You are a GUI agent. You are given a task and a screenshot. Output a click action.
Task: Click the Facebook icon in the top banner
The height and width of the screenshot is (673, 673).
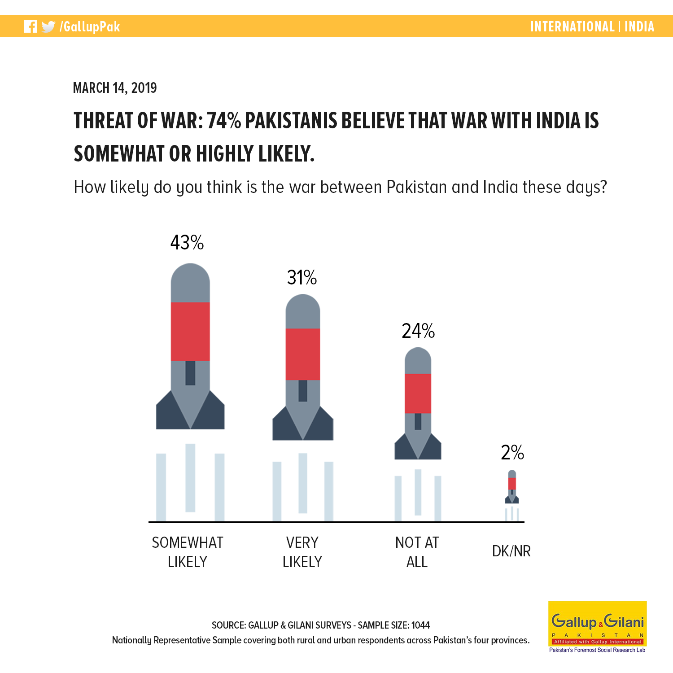tap(30, 26)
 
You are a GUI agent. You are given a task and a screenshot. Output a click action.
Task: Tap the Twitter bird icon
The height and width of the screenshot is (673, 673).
tap(48, 27)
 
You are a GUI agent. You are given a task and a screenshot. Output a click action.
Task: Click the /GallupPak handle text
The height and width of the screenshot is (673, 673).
tap(90, 27)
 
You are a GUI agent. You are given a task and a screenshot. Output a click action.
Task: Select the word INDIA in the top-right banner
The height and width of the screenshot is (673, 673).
tap(639, 26)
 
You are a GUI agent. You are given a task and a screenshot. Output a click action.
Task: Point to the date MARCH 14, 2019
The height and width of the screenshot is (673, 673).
tap(115, 87)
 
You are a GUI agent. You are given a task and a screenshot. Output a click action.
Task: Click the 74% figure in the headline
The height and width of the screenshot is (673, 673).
tap(224, 120)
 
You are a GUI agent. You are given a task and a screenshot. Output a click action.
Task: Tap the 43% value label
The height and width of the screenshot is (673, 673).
tap(187, 242)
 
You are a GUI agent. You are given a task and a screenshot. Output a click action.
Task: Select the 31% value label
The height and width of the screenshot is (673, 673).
tap(302, 277)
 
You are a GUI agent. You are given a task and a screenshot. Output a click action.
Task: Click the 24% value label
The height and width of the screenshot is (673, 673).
tap(418, 331)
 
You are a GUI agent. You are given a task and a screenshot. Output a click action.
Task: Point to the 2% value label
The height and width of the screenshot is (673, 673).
tap(512, 452)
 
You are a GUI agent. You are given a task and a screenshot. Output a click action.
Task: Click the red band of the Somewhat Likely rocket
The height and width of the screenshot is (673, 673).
tap(190, 332)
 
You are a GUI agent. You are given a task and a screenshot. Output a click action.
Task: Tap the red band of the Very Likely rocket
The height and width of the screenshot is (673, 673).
tap(303, 354)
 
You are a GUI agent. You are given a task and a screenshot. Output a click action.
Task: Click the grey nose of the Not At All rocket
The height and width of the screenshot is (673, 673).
tap(418, 361)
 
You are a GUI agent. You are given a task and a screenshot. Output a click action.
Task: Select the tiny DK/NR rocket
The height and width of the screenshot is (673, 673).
tap(512, 487)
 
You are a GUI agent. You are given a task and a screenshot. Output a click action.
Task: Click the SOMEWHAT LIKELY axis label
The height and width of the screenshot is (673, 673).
tap(188, 552)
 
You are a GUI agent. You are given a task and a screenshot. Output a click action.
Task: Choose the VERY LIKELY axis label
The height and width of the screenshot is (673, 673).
tap(302, 552)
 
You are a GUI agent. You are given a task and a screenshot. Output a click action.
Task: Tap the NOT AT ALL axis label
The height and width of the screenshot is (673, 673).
tap(417, 552)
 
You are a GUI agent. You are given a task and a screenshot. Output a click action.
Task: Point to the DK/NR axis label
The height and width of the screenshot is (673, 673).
tap(511, 551)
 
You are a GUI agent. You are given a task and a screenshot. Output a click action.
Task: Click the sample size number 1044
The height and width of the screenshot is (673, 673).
tap(420, 625)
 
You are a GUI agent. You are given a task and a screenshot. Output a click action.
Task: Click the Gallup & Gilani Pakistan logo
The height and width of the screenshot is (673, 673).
tap(598, 627)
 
